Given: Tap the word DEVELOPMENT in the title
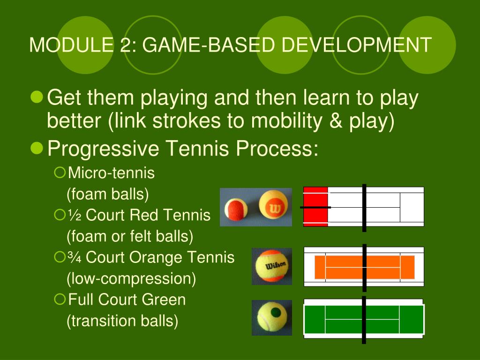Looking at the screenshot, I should click(356, 45).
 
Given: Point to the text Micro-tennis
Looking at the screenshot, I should click(111, 173).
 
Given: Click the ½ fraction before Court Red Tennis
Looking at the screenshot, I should click(75, 216).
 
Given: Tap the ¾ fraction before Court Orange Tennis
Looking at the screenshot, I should click(75, 258).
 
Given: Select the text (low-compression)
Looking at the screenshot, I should click(131, 279).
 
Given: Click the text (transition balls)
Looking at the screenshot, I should click(122, 321).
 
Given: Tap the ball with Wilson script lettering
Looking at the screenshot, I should click(272, 267).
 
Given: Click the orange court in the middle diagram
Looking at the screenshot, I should click(342, 267).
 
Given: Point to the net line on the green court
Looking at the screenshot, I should click(364, 320).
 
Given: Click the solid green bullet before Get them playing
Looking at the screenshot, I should click(36, 97).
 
